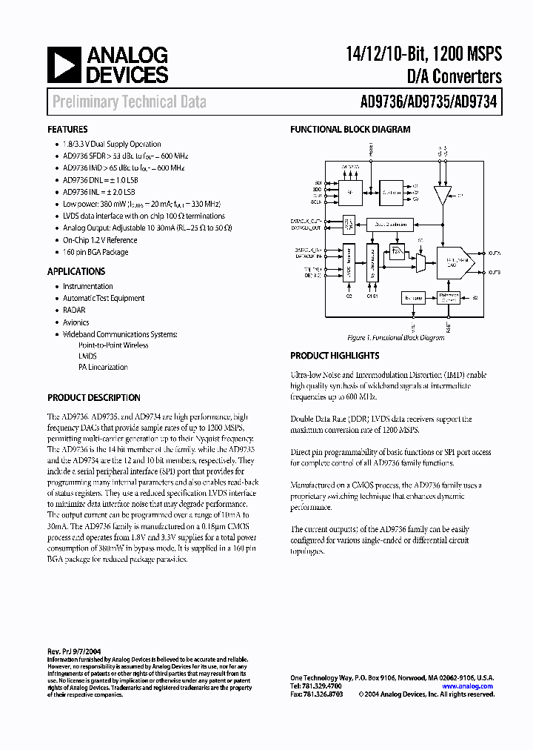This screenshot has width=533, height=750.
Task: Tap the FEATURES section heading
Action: (67, 129)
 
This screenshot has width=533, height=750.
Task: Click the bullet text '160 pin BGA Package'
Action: (95, 252)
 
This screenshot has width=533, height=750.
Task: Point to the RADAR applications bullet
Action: (74, 310)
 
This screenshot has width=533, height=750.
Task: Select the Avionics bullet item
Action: (76, 322)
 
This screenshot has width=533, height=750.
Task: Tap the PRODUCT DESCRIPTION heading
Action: (94, 397)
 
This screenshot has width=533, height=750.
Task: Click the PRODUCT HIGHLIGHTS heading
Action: (335, 356)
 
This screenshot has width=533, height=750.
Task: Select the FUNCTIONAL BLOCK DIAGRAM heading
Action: (349, 129)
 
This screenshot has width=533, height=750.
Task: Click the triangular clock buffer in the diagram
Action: (443, 196)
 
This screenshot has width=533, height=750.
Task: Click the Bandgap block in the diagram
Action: (412, 297)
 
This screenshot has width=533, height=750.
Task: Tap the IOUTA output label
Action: (495, 253)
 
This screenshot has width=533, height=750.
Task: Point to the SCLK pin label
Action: (318, 201)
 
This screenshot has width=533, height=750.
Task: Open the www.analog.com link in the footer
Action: (467, 686)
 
